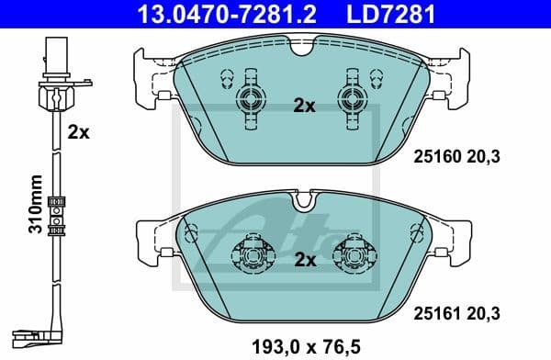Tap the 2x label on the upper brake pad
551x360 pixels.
(x=304, y=106)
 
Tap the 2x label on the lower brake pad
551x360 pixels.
(x=304, y=260)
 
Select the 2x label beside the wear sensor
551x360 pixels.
(x=78, y=131)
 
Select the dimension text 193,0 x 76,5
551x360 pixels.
(x=305, y=346)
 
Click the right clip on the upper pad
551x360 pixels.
(x=351, y=100)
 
